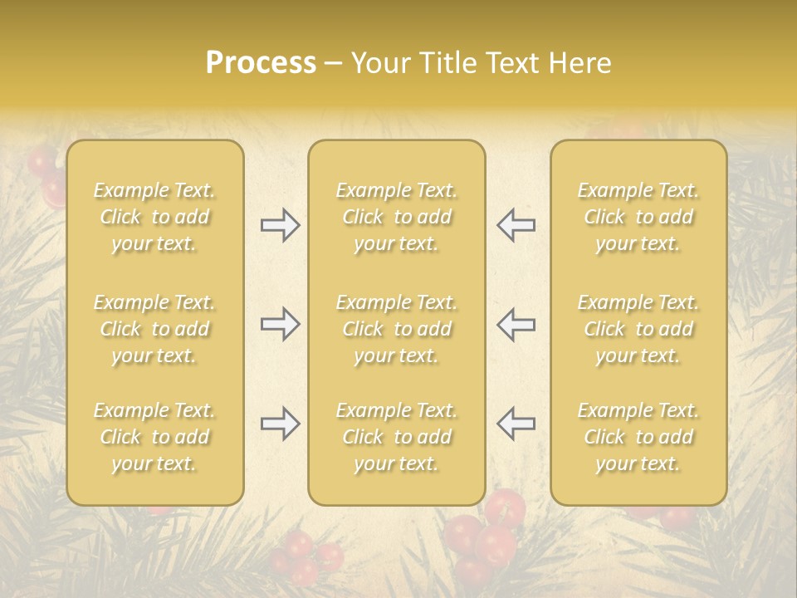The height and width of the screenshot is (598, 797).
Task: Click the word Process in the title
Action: [x=261, y=63]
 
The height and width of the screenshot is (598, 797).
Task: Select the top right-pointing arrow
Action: [x=280, y=225]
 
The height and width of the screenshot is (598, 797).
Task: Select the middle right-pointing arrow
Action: [x=280, y=324]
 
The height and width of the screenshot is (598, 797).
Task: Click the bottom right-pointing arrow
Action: [x=280, y=424]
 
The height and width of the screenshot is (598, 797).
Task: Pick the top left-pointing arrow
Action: [x=516, y=225]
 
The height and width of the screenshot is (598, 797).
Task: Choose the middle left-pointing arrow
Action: [x=516, y=324]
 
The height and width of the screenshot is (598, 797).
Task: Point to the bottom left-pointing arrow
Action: [x=516, y=424]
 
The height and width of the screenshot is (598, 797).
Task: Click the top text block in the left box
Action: [x=154, y=217]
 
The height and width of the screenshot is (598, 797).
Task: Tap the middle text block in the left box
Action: [x=154, y=329]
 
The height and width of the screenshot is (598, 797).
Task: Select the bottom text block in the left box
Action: [x=154, y=437]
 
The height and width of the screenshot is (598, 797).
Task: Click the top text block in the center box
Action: [x=396, y=217]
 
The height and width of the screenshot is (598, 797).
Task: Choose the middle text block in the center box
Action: [x=396, y=329]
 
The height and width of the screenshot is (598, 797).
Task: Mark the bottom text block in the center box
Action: [x=396, y=437]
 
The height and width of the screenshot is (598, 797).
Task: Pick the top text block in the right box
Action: [x=638, y=217]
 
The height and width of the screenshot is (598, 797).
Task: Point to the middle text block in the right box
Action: [x=638, y=329]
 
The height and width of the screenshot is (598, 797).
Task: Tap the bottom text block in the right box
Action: [x=638, y=437]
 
